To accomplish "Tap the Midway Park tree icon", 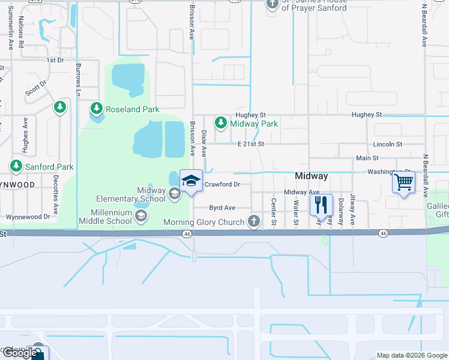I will [x=221, y=123].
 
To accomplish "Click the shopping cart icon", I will [x=404, y=181].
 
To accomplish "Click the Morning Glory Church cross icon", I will [x=254, y=222].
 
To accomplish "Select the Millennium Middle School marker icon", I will [x=142, y=217].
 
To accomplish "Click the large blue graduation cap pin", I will [x=191, y=181].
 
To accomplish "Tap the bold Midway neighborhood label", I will [x=312, y=176].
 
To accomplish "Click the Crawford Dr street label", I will [x=222, y=185].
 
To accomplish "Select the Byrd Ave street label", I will [x=222, y=208].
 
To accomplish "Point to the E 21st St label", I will [x=250, y=144].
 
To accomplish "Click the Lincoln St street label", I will [x=387, y=144].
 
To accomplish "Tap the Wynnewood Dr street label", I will [x=28, y=217].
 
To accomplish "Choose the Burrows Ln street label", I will [x=78, y=77].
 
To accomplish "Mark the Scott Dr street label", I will [x=35, y=89].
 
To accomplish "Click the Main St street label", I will [x=367, y=158].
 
